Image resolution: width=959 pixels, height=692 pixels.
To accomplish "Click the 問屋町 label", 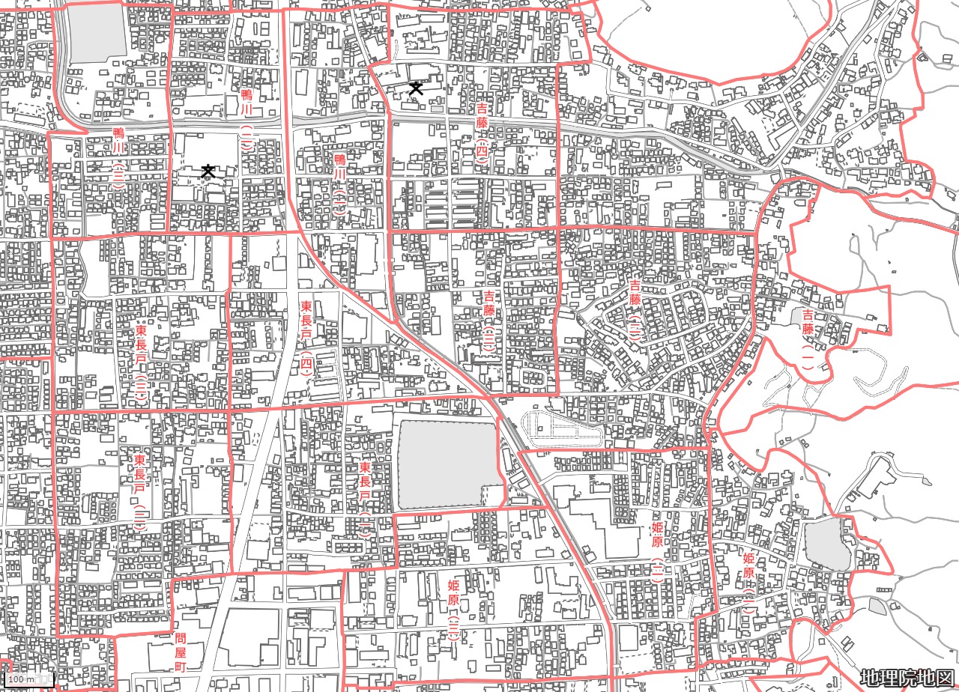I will (x=180, y=652).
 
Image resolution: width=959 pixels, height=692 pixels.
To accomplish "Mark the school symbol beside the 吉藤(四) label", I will (x=415, y=89).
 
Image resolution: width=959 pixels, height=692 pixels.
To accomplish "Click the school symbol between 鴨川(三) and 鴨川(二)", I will (x=208, y=172).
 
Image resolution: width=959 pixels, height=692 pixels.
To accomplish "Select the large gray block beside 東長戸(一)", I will (x=448, y=463).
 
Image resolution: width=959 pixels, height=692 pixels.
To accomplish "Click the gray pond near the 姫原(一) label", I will (x=827, y=544).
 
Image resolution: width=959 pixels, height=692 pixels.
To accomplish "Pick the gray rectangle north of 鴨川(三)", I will (x=97, y=33).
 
